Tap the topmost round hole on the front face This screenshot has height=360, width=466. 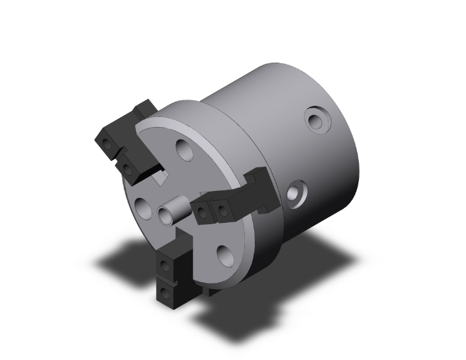point(184,150)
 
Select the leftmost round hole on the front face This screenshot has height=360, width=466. point(142,207)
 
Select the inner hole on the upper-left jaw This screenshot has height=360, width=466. point(127,168)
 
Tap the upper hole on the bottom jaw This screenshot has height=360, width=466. point(165,267)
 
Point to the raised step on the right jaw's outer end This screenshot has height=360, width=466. point(260,178)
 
